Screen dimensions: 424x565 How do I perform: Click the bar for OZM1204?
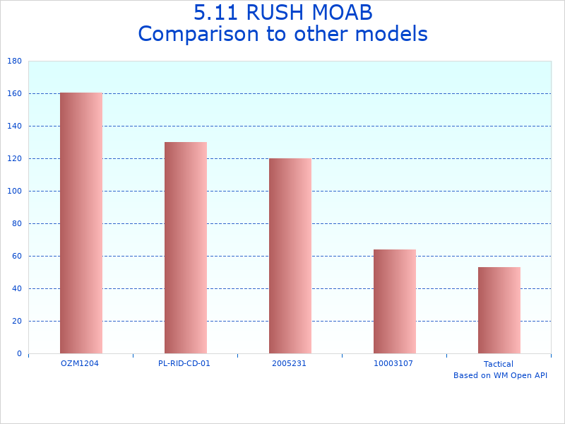tap(81, 223)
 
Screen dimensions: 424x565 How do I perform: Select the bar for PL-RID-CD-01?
tap(186, 247)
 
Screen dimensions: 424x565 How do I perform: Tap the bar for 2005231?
tap(290, 256)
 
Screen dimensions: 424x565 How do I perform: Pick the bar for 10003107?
tap(395, 301)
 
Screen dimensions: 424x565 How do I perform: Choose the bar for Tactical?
tap(499, 310)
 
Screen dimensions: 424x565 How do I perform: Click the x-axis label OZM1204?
tap(80, 363)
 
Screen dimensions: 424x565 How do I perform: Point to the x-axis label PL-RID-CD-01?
tap(184, 363)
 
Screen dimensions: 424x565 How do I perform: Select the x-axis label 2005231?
tap(289, 363)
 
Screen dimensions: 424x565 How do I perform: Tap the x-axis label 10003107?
tap(393, 363)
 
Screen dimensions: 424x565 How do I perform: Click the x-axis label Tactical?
tap(499, 364)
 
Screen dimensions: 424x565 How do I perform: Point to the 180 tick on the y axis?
tap(14, 61)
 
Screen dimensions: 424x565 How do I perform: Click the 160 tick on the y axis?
tap(14, 93)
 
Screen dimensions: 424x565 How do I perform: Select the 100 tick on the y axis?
tap(14, 191)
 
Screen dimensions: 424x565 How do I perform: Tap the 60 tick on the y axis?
tap(16, 256)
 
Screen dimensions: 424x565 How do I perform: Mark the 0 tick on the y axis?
tap(19, 353)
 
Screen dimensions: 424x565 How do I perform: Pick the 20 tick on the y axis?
tap(16, 321)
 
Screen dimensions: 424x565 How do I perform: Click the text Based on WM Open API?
tap(500, 375)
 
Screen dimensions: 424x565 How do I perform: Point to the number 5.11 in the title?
tap(214, 13)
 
